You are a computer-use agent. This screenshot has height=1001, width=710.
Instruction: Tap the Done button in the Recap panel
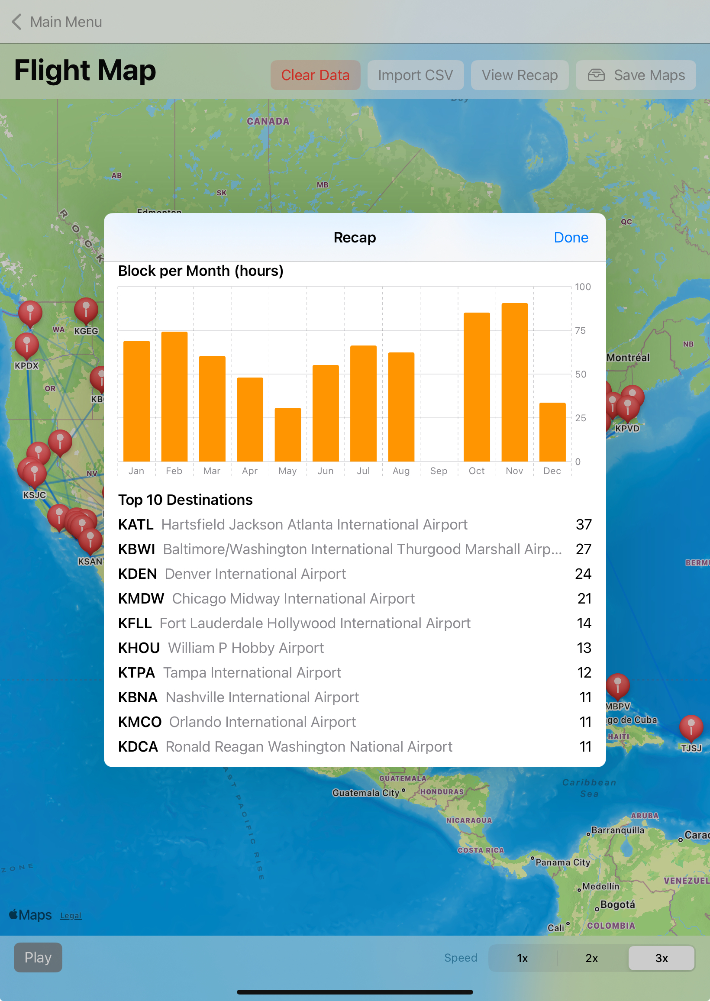tap(571, 237)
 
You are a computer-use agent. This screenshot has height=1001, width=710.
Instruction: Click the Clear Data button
tap(315, 75)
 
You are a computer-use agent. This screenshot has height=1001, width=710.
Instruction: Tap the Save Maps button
tap(636, 75)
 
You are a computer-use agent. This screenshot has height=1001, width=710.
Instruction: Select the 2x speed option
tap(591, 958)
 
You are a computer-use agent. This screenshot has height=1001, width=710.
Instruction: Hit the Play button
tap(38, 957)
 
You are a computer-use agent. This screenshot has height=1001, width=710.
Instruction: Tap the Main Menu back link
tap(57, 22)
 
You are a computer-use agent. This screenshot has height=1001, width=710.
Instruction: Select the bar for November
tap(515, 382)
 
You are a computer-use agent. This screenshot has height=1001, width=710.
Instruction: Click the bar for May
tap(287, 435)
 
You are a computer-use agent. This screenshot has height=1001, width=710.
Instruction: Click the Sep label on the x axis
tap(439, 471)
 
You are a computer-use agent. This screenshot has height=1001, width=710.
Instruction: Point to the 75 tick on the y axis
tap(580, 330)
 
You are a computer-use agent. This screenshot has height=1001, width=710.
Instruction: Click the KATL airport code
tap(136, 525)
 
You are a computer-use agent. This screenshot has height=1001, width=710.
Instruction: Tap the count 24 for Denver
tap(583, 574)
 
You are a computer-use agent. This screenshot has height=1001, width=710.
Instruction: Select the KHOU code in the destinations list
tap(139, 648)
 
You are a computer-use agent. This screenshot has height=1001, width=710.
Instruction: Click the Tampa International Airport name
tap(252, 673)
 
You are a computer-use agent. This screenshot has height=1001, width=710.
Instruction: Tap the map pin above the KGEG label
tap(86, 310)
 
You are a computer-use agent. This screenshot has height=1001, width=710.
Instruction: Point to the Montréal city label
tap(628, 358)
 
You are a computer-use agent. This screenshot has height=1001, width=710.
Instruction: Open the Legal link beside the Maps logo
tap(71, 916)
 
